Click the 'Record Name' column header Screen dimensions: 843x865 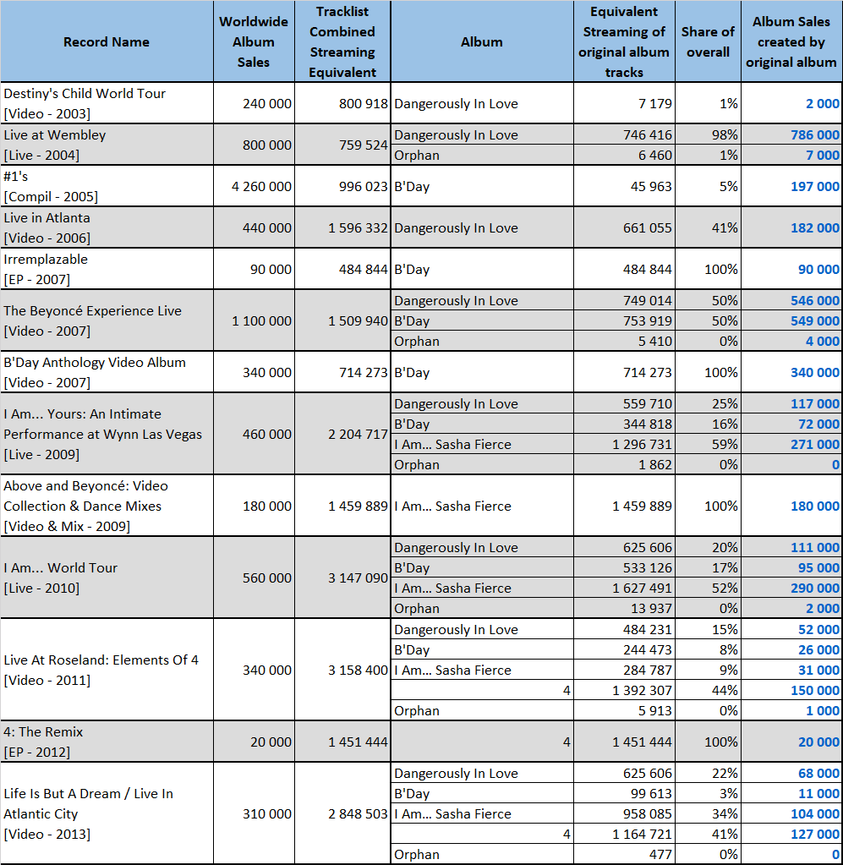tap(106, 42)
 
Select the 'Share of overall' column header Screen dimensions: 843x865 tap(708, 42)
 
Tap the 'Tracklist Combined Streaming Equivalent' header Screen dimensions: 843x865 tap(342, 42)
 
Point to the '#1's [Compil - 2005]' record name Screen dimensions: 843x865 tap(51, 187)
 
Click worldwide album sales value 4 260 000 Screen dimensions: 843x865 tap(261, 187)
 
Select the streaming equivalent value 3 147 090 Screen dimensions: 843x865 tap(358, 578)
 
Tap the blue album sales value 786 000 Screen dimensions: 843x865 tap(815, 134)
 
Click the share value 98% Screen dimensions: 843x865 tap(725, 134)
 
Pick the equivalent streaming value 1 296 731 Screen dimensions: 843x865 tap(642, 445)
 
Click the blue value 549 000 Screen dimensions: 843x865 tap(815, 321)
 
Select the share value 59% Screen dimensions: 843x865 tap(725, 445)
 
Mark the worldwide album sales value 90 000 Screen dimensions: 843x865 tap(271, 269)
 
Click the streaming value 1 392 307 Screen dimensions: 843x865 tap(642, 691)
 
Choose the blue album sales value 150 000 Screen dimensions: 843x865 tap(815, 691)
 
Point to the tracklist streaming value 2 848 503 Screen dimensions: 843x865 tap(358, 814)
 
